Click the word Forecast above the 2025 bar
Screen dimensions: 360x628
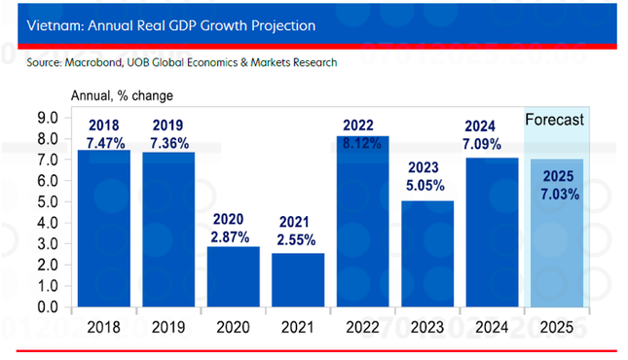[555, 120]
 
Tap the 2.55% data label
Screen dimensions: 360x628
[298, 237]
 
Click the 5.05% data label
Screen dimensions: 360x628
[427, 184]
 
